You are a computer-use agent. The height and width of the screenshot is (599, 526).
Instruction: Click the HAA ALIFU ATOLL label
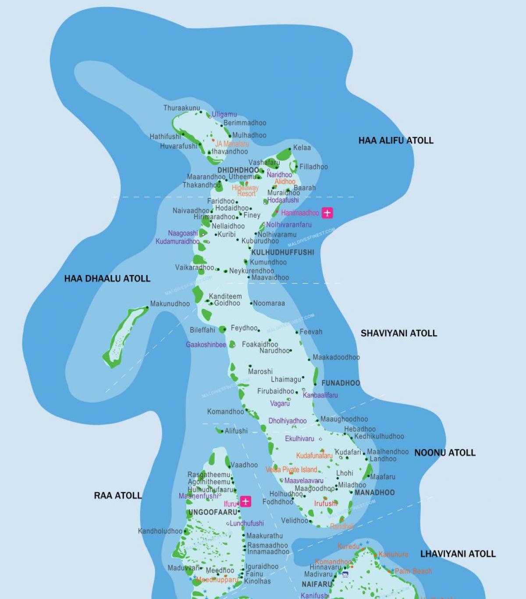tap(395, 140)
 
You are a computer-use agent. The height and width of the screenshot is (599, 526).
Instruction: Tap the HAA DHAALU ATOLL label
tap(107, 278)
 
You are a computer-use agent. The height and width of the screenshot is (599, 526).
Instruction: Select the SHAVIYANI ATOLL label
tap(398, 333)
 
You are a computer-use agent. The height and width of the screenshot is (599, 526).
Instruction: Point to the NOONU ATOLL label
tap(444, 452)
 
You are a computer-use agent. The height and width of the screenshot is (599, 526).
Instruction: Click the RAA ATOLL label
tap(117, 495)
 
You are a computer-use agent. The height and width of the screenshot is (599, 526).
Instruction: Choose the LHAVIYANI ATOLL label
tap(458, 554)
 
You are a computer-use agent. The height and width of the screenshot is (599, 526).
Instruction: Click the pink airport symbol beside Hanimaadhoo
tap(327, 213)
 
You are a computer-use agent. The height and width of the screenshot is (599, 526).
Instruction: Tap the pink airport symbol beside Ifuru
tap(245, 501)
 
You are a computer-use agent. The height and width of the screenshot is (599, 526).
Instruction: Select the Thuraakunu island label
tap(181, 108)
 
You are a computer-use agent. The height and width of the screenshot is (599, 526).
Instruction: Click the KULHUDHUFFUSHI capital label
tap(282, 252)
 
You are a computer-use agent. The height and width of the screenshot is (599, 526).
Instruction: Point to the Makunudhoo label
tap(170, 304)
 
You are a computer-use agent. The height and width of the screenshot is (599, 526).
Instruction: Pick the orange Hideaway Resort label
tap(245, 190)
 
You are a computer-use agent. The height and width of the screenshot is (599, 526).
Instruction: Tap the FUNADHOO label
tap(340, 383)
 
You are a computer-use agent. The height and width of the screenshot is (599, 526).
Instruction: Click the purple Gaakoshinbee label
tap(206, 344)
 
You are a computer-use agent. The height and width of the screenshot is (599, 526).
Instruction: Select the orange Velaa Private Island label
tap(291, 470)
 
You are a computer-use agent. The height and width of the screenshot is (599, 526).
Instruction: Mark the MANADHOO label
tap(374, 492)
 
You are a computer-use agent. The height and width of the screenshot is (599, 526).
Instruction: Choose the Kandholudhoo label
tap(160, 531)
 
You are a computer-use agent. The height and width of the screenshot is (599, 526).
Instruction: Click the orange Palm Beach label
tap(413, 571)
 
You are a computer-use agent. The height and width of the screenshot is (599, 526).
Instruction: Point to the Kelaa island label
tap(302, 147)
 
